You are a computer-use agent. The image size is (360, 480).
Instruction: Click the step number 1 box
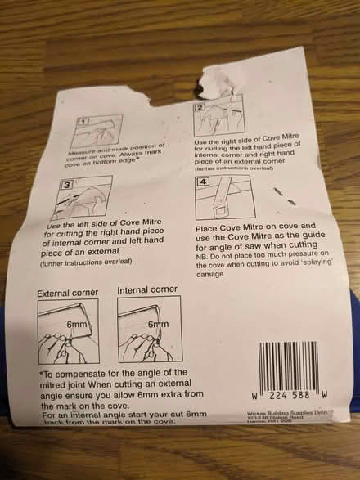point(80,123)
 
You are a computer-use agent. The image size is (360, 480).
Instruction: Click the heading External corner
point(69,292)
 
